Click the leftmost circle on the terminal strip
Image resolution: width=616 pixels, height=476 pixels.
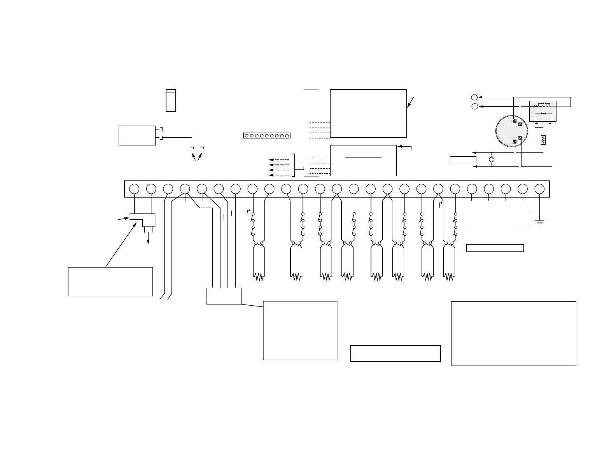coord(134,189)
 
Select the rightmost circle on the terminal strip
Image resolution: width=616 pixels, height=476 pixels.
coord(539,189)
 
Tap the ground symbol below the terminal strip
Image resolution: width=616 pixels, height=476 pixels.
coord(539,223)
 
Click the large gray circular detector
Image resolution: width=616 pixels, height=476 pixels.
coord(512,131)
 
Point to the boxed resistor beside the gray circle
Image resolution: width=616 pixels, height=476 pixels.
coord(543,140)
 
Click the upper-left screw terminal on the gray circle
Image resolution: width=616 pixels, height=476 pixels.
coord(515,121)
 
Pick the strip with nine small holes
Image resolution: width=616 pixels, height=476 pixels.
coord(267,136)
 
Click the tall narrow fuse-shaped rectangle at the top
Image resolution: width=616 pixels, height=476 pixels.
coord(171,100)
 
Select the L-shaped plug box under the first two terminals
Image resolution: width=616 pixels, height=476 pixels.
coord(142,220)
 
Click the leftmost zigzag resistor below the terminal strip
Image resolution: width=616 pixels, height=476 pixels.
coord(259,276)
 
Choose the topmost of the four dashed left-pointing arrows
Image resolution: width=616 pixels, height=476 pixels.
coord(279,160)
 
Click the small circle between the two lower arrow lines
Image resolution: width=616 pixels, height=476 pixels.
coord(492,160)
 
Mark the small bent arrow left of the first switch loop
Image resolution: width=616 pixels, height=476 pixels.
coord(249,211)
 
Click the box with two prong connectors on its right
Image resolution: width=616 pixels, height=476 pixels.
coord(137,135)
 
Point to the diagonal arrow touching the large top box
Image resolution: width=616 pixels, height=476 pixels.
coord(410,103)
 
